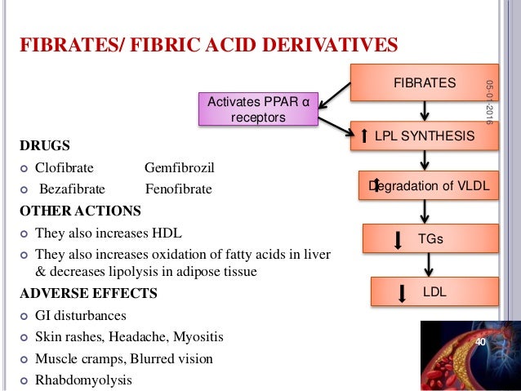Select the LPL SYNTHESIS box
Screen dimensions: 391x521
[x=424, y=136]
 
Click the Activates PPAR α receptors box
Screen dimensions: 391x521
[x=258, y=109]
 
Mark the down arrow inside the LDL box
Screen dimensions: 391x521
[x=401, y=293]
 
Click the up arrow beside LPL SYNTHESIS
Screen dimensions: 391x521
[x=364, y=136]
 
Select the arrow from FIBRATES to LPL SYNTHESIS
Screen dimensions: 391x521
[x=425, y=110]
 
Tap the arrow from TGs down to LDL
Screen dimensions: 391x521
[x=425, y=265]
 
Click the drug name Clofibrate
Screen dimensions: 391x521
[x=64, y=169]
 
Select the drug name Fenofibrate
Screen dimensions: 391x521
[x=178, y=189]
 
